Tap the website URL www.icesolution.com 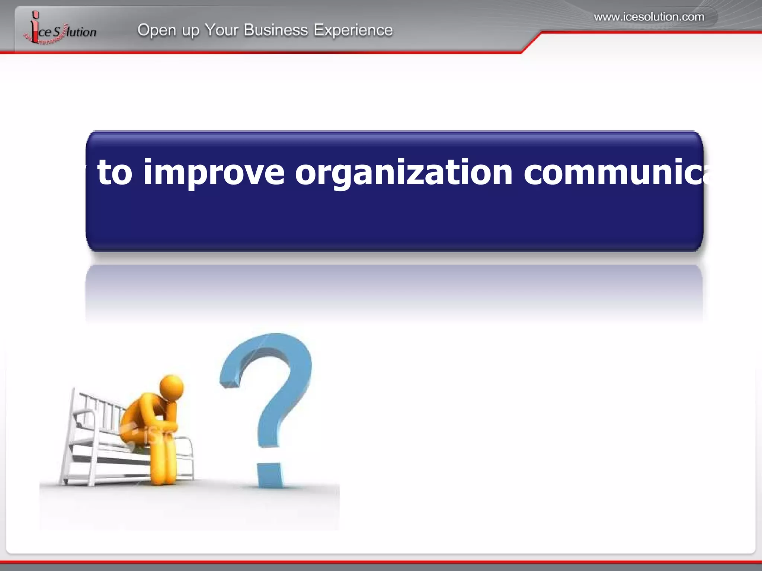[x=649, y=17]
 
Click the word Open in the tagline [x=157, y=30]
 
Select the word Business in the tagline [x=276, y=30]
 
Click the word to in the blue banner [x=115, y=172]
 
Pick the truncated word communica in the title [x=618, y=172]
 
